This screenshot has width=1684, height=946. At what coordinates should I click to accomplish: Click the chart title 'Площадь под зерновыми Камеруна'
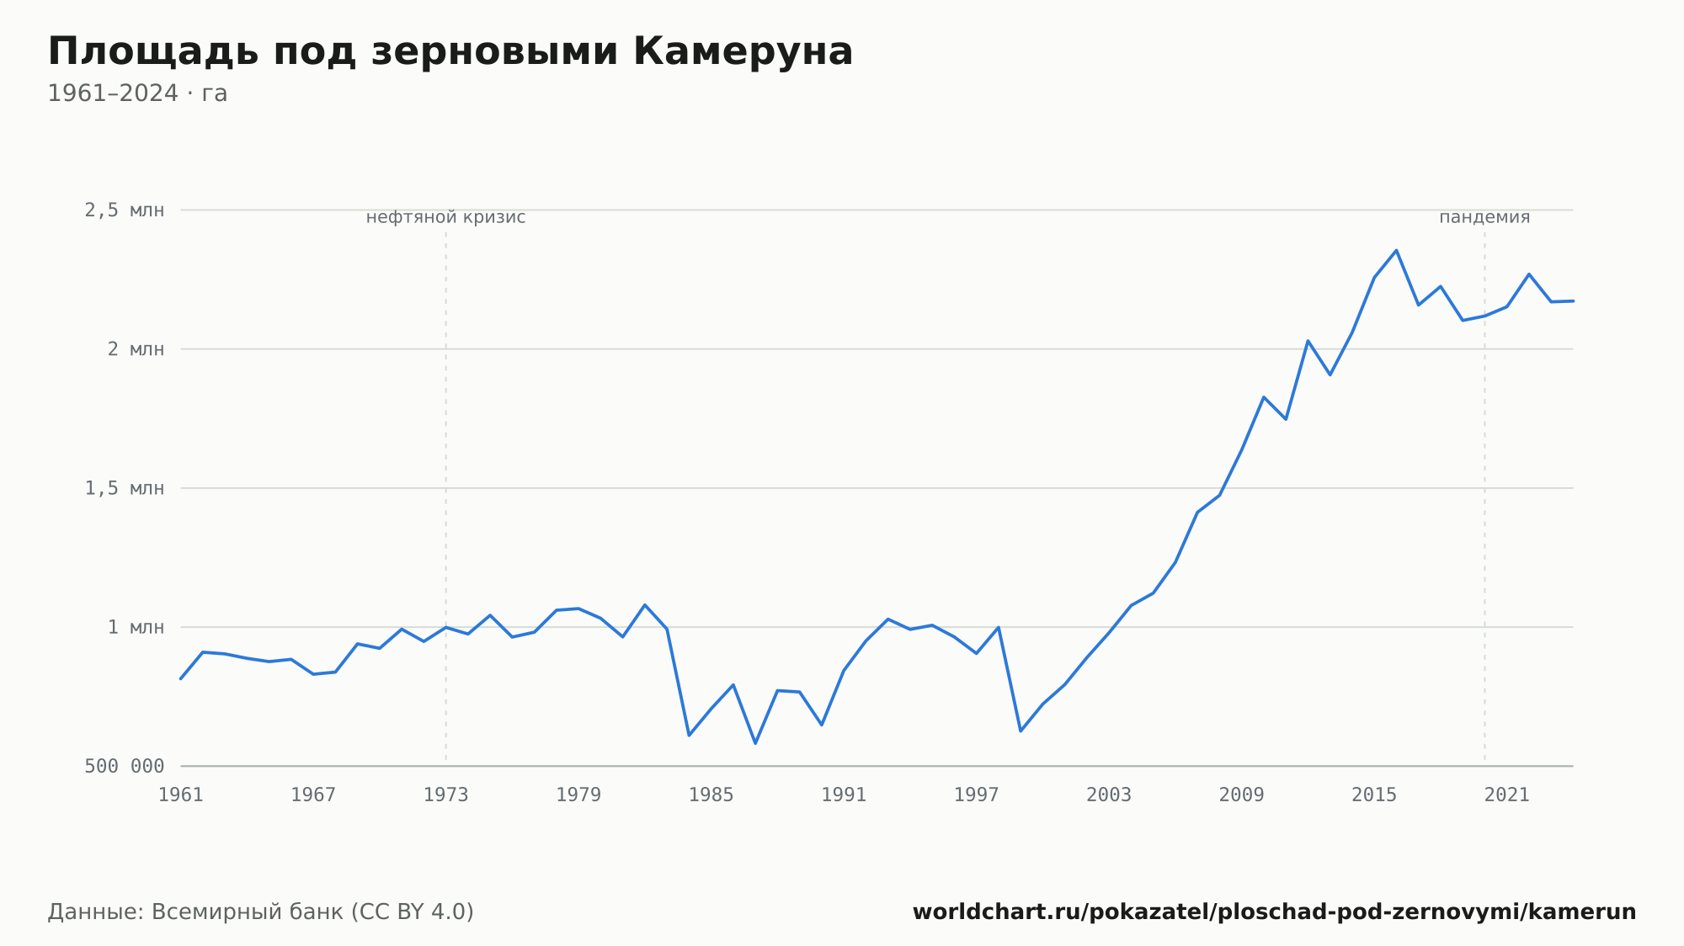click(x=450, y=52)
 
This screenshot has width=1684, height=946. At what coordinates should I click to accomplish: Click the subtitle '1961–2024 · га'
click(x=137, y=93)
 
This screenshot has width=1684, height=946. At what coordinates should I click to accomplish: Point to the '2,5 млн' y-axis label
click(x=125, y=210)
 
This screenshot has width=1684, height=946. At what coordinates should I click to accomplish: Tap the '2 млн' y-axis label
click(x=136, y=349)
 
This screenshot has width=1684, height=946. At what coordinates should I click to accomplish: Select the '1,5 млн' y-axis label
click(x=125, y=488)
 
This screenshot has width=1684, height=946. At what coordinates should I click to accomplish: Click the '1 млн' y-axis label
click(x=136, y=627)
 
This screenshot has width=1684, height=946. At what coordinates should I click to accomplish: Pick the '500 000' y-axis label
click(x=125, y=766)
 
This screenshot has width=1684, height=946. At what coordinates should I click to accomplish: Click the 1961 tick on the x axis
click(x=181, y=795)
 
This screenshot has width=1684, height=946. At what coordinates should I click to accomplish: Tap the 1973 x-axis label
click(x=446, y=795)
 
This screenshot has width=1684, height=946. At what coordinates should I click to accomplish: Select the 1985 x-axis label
click(x=711, y=795)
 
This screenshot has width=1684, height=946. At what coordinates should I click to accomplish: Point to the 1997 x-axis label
click(x=977, y=795)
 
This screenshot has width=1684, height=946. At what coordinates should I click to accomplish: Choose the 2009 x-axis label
click(x=1242, y=795)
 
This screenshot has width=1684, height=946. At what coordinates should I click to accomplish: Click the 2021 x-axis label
click(x=1507, y=795)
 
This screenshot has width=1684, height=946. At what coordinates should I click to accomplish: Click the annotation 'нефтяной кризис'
click(x=445, y=217)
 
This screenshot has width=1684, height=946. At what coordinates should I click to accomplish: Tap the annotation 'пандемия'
click(x=1484, y=217)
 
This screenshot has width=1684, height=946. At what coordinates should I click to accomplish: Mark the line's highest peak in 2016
click(x=1396, y=250)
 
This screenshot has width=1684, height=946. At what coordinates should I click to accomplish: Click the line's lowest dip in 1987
click(x=755, y=743)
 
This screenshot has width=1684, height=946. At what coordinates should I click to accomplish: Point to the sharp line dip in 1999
click(x=1021, y=731)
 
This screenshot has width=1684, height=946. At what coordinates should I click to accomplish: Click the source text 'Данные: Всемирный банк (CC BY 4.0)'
click(x=261, y=912)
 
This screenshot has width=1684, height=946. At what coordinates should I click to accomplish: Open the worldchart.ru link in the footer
click(x=1274, y=912)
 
